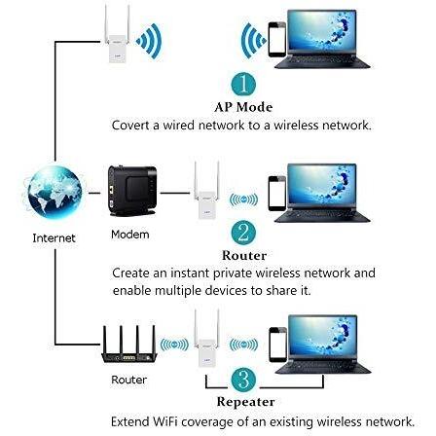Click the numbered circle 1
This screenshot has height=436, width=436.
point(243,84)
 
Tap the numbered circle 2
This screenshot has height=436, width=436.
point(243,233)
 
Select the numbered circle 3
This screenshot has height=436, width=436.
point(243,380)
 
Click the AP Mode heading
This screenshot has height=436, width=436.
point(243,107)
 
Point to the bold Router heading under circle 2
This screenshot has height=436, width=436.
point(244,255)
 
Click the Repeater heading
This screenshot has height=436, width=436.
point(245,402)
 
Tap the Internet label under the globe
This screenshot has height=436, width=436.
point(54,238)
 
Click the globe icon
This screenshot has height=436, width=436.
point(54,192)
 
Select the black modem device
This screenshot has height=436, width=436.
point(131,192)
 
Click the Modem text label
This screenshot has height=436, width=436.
point(130,235)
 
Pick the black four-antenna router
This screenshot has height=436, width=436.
point(129,345)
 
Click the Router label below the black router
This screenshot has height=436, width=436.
point(128,380)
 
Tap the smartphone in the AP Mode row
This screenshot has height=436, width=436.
point(277,39)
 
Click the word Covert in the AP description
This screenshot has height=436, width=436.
point(130,126)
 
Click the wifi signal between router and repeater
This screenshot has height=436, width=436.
point(174,345)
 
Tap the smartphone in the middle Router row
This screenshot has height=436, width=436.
point(277,194)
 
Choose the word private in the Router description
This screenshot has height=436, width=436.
point(233,273)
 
